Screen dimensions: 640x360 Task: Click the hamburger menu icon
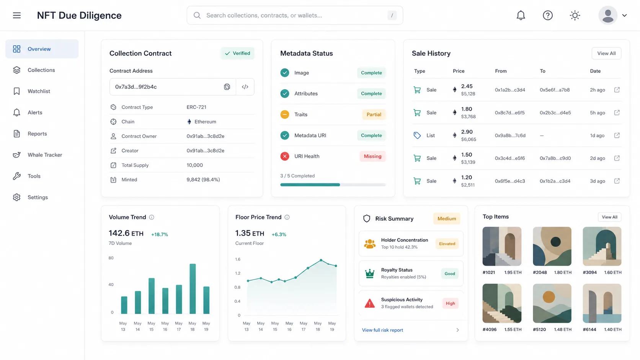[x=17, y=15]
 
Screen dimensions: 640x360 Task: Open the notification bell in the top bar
[x=521, y=15]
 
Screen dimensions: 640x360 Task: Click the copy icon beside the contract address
[x=227, y=87]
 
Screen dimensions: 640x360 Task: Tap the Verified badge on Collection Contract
[x=237, y=54]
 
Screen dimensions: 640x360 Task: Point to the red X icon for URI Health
[x=284, y=156]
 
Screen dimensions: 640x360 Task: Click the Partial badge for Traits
[x=374, y=114]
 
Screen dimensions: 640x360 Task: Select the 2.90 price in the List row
[x=467, y=132]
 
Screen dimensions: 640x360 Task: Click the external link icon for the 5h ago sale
[x=617, y=112]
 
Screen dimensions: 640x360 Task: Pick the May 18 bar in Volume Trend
[x=193, y=288]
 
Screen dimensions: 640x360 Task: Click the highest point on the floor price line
[x=321, y=260]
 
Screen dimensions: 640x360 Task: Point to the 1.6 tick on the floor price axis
[x=238, y=259]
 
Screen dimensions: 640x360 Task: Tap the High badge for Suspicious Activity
[x=450, y=303]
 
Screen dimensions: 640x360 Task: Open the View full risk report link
[x=382, y=330]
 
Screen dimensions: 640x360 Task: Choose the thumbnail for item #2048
[x=552, y=246]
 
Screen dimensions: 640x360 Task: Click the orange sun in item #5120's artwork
[x=549, y=297]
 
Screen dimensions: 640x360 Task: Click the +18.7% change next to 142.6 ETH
[x=160, y=235]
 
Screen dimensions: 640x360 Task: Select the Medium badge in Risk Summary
[x=447, y=219]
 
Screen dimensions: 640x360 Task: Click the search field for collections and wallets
[x=295, y=15]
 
